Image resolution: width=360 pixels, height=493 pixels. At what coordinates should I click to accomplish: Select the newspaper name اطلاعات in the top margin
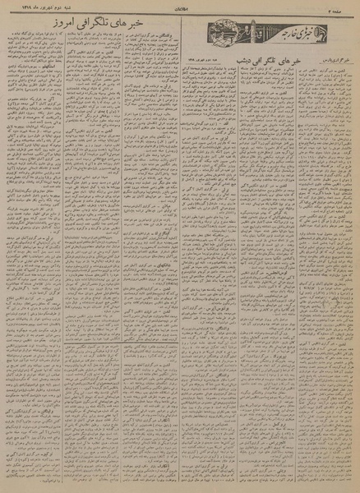click(x=180, y=9)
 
